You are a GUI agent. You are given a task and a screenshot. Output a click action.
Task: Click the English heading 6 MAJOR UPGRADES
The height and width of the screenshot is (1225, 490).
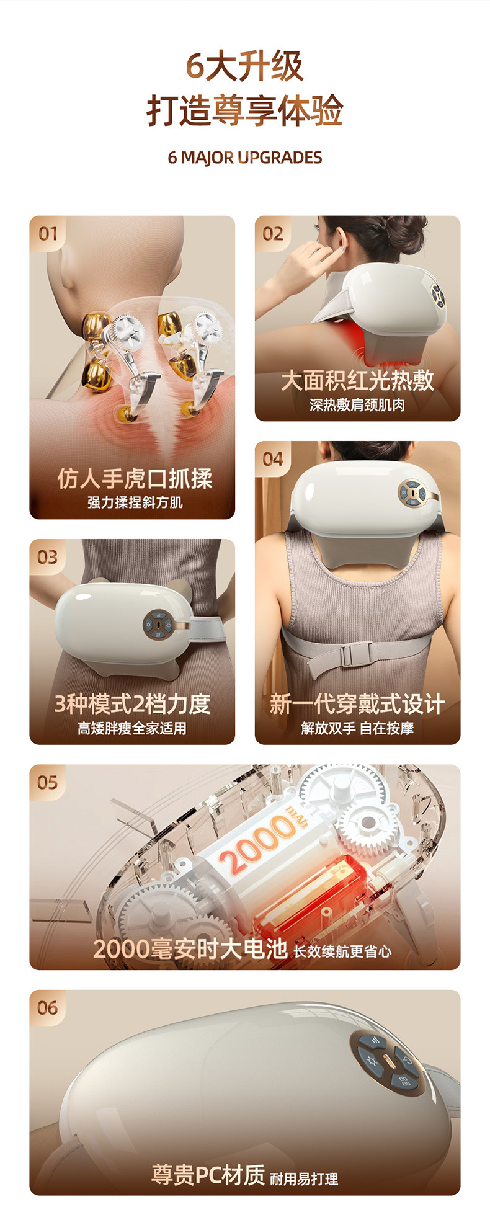245,158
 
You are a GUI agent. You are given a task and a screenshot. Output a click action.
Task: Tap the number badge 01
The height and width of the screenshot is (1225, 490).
48,234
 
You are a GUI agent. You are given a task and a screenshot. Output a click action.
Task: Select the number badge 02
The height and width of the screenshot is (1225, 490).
273,234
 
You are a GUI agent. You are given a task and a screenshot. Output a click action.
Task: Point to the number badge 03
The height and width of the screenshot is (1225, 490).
48,557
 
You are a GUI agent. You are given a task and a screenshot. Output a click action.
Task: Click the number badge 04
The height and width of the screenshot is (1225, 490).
273,459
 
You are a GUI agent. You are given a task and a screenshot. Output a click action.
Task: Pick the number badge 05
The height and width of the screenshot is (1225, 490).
48,783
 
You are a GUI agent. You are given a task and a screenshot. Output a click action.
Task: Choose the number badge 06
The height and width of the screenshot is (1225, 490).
48,1008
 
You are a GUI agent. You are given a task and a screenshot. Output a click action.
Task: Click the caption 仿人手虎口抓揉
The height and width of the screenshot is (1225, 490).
135,478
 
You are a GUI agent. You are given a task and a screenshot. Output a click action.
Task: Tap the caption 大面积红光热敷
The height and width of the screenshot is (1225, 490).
357,380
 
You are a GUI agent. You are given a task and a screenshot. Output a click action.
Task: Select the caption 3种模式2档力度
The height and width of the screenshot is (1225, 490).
132,704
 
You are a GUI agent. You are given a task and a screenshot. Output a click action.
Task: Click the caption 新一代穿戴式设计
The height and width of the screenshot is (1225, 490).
357,704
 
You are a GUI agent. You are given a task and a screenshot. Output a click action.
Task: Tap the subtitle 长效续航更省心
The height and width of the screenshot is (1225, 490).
342,951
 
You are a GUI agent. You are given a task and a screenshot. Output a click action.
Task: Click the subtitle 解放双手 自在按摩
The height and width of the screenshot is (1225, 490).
357,728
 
